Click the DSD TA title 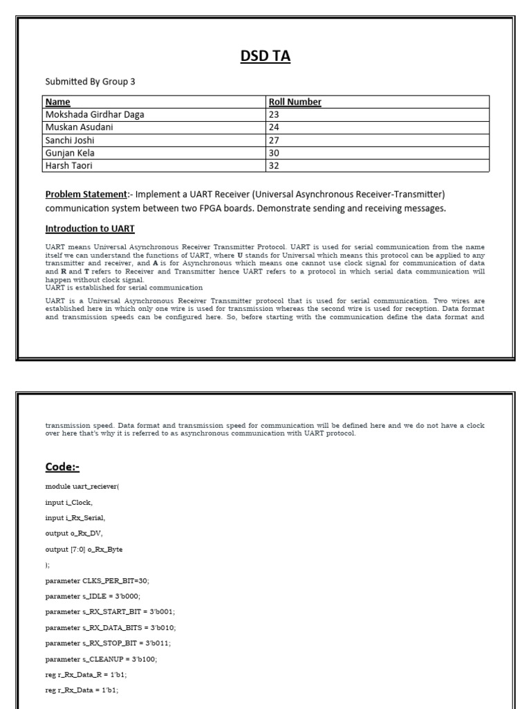265,56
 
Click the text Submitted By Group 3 90,82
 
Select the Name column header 57,102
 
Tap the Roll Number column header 295,102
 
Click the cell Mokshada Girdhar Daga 95,114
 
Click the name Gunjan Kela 70,152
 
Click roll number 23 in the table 274,114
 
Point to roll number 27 274,140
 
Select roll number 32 274,165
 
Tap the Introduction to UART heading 95,228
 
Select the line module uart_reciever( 82,487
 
